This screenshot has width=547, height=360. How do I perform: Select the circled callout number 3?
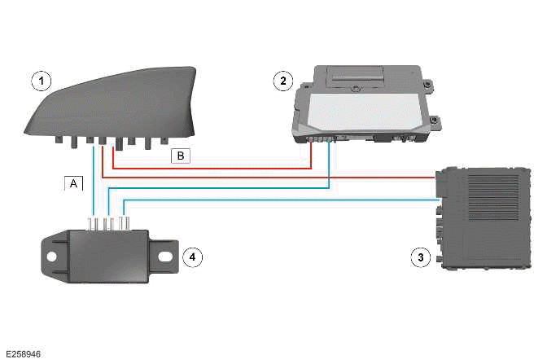click(420, 257)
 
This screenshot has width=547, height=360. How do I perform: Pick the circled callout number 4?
click(191, 257)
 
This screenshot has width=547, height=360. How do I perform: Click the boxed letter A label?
click(73, 184)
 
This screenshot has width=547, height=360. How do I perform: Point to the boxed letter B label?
click(179, 155)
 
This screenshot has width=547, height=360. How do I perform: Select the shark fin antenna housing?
click(114, 102)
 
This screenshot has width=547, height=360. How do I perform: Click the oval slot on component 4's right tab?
click(163, 255)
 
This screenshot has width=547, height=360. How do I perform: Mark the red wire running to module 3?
click(269, 176)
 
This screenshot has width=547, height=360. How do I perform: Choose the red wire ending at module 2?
click(212, 168)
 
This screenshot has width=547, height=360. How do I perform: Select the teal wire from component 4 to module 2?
click(220, 188)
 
